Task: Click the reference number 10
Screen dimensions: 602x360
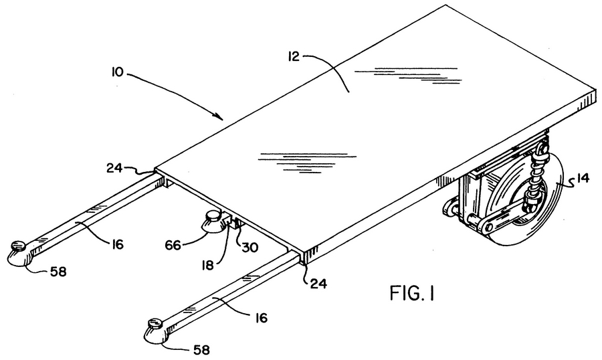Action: pyautogui.click(x=118, y=72)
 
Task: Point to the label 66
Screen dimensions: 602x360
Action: pyautogui.click(x=173, y=245)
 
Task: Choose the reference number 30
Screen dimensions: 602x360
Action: pyautogui.click(x=249, y=248)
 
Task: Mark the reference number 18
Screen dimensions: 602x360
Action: pyautogui.click(x=208, y=265)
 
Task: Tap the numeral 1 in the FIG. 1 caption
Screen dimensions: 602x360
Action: pyautogui.click(x=431, y=294)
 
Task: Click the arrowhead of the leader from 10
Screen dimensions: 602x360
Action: pyautogui.click(x=219, y=116)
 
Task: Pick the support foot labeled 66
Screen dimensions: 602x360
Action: pyautogui.click(x=213, y=223)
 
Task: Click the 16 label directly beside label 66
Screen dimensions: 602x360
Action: pyautogui.click(x=118, y=244)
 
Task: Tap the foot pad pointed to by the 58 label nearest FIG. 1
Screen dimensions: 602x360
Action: pyautogui.click(x=157, y=331)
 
